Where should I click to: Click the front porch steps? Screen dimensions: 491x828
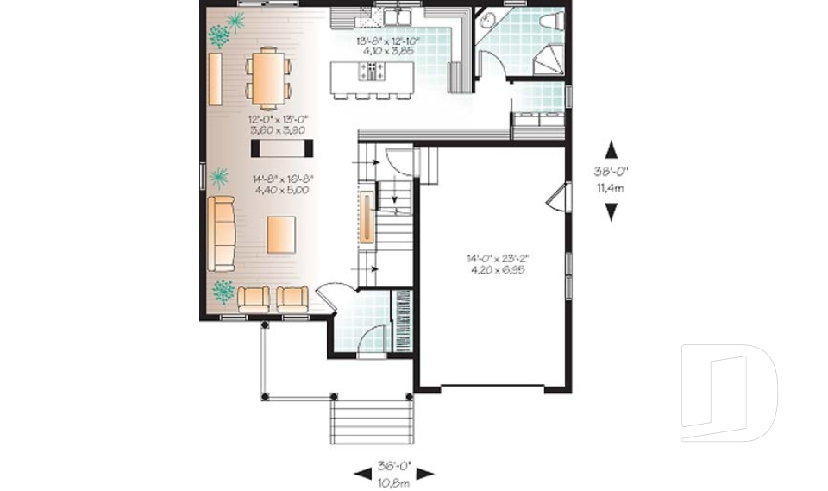point(368,422)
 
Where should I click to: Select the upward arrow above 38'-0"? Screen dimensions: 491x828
point(612,149)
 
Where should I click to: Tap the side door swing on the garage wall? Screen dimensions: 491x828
point(557,197)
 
